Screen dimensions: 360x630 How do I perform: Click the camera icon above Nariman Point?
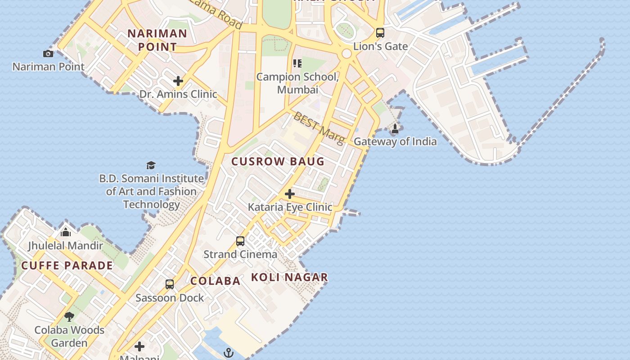tap(48, 54)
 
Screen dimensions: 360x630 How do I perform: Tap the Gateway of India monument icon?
tap(395, 129)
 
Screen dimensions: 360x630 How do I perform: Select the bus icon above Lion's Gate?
tap(380, 33)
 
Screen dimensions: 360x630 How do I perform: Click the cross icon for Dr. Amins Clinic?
tap(178, 81)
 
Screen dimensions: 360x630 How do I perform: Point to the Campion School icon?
tap(297, 63)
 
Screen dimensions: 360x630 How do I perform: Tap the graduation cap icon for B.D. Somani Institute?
tap(151, 165)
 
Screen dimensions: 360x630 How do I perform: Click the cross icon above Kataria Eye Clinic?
tap(290, 194)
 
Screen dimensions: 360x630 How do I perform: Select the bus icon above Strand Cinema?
tap(240, 241)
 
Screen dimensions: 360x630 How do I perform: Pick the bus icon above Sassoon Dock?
tap(170, 284)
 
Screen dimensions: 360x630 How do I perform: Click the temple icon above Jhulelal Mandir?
tap(66, 232)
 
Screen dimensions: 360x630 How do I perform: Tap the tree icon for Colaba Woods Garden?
tap(69, 316)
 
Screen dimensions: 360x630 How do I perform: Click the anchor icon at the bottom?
tap(229, 352)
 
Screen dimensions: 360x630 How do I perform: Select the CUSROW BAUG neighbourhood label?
tap(278, 162)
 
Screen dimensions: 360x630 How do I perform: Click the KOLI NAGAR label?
tap(289, 277)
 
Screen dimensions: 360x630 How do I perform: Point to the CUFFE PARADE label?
tap(67, 265)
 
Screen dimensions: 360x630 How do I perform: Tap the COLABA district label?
tap(216, 281)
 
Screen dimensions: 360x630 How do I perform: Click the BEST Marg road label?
tap(319, 128)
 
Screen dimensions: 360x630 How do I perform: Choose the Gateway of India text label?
tap(395, 142)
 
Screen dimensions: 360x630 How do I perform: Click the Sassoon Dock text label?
tap(170, 298)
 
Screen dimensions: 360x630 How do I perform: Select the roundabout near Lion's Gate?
tap(346, 54)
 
